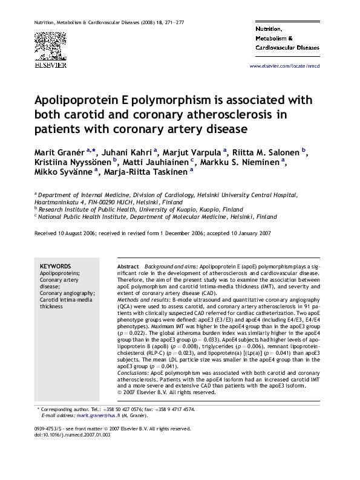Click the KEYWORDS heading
[x=55, y=266]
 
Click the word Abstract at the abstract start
[x=128, y=266]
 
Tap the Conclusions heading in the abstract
[x=132, y=373]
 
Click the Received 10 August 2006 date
[x=62, y=233]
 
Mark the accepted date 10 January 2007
[x=245, y=233]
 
